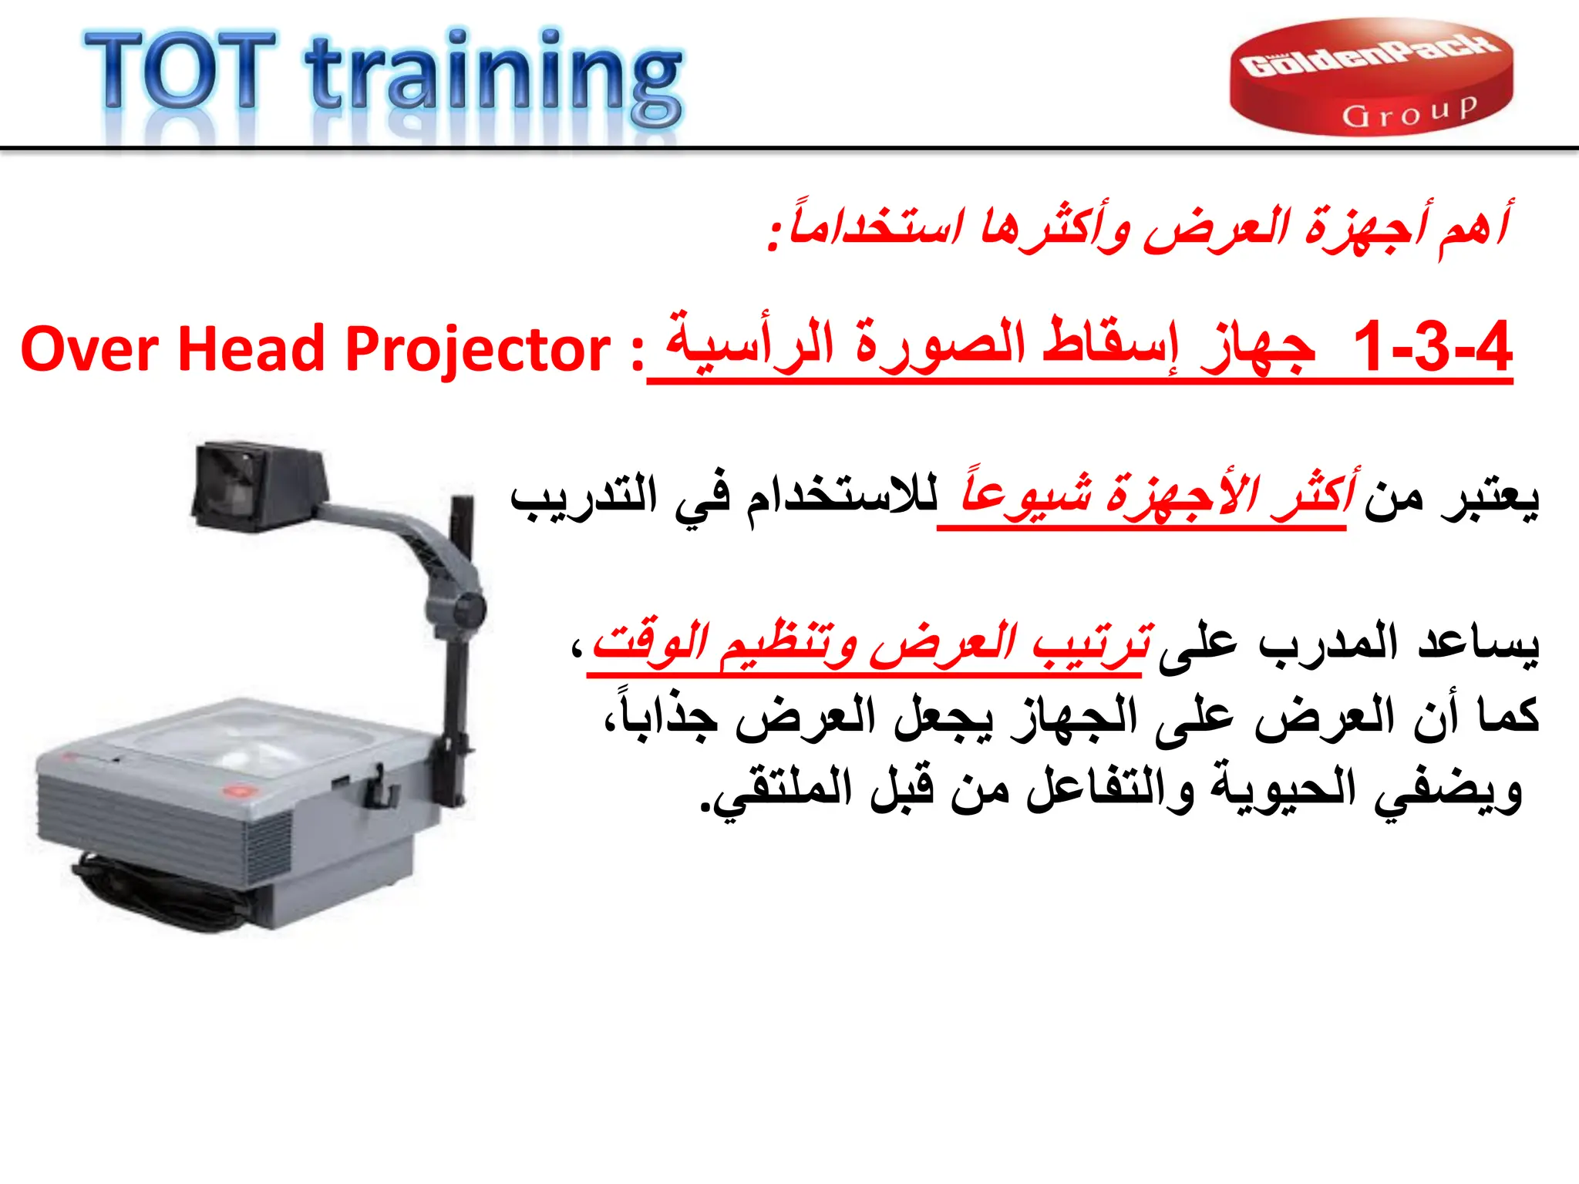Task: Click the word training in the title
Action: point(493,77)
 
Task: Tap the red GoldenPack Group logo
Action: point(1371,77)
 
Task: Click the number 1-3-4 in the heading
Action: point(1432,348)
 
